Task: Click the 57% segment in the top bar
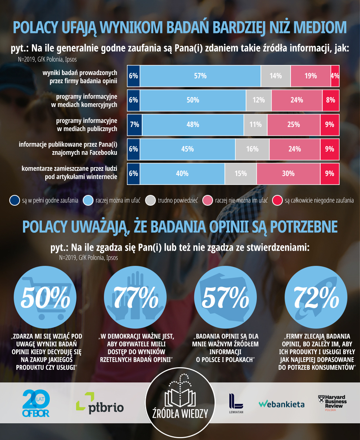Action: pos(200,76)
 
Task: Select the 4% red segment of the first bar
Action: pos(335,76)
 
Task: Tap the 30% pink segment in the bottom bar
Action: pos(288,173)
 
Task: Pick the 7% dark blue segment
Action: pos(134,125)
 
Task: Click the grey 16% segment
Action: pos(252,149)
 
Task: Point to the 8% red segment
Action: pos(331,100)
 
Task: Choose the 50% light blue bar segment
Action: pos(193,100)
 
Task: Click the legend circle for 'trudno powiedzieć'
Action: pos(150,201)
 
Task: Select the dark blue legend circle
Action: pos(14,201)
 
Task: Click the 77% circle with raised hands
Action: pos(133,296)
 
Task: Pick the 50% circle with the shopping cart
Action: pos(42,296)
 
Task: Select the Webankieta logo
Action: pos(281,404)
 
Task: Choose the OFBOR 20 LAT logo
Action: pos(36,404)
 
